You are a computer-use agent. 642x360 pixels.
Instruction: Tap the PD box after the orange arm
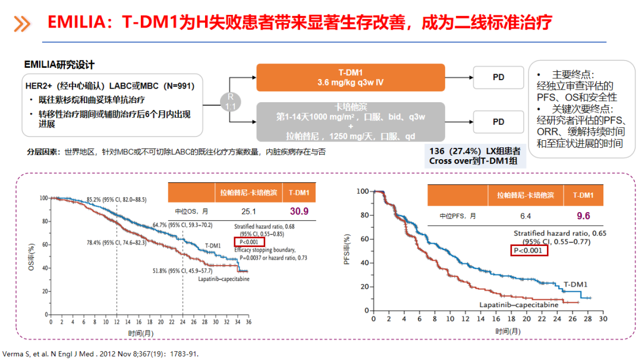pos(498,77)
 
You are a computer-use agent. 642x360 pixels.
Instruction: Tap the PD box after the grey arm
pos(498,121)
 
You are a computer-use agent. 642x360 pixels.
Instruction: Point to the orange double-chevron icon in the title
pos(22,24)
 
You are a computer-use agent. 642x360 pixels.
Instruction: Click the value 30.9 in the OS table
pos(298,211)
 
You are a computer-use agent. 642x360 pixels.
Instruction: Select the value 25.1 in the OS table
pos(248,211)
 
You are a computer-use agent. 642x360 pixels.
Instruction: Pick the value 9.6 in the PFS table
pos(583,216)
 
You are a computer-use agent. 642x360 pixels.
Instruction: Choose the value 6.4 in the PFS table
pos(525,216)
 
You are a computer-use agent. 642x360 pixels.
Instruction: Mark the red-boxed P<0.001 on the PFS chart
pos(529,251)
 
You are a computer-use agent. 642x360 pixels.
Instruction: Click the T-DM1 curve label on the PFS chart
pos(575,285)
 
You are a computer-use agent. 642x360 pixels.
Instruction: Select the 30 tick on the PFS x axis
pos(602,319)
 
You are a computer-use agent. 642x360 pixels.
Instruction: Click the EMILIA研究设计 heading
pos(59,64)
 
